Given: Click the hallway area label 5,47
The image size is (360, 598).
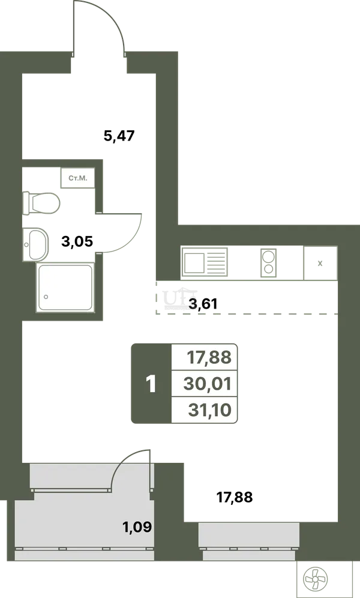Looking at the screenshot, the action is click(119, 136).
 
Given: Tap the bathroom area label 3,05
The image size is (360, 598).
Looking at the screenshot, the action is click(77, 241).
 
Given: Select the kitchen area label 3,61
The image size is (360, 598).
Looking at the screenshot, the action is click(203, 304).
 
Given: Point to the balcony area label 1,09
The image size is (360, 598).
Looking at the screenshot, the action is click(137, 527).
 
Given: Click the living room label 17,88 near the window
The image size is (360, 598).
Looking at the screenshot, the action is click(235, 497).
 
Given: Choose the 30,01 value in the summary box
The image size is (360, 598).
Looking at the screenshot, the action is click(207, 384).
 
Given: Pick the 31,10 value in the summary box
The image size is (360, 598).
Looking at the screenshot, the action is click(209, 410).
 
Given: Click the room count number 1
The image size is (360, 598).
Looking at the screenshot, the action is click(151, 384).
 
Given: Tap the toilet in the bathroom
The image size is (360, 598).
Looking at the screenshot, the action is click(41, 203).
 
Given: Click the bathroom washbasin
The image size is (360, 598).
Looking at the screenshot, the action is click(35, 244).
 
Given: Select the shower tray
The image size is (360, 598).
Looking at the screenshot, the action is click(65, 287).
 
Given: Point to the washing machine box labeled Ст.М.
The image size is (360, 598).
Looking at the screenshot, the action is click(78, 178).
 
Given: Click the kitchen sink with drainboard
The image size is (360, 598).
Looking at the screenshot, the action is click(205, 262).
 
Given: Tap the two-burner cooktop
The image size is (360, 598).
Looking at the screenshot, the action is click(269, 263).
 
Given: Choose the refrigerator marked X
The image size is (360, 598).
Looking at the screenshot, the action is click(320, 263).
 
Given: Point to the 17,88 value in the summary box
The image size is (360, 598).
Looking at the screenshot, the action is click(209, 357).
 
